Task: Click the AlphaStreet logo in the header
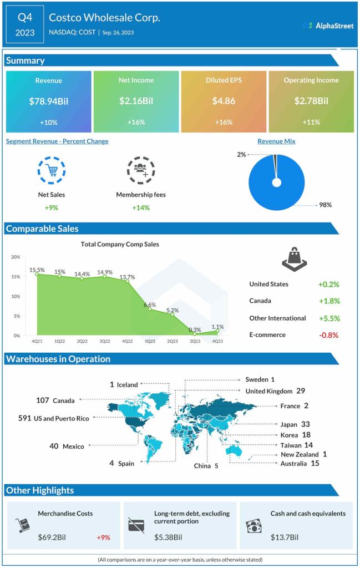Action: (x=327, y=26)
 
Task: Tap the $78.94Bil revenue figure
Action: (x=48, y=102)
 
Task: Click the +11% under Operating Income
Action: (x=311, y=122)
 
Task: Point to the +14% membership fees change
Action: (x=140, y=207)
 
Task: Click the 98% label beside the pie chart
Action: (x=325, y=205)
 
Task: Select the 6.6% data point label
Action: (x=149, y=305)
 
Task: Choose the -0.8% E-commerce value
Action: (x=328, y=335)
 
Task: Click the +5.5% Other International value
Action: (x=328, y=318)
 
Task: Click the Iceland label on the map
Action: (x=126, y=384)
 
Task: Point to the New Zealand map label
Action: (x=300, y=454)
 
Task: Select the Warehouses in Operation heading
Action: (x=58, y=359)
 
